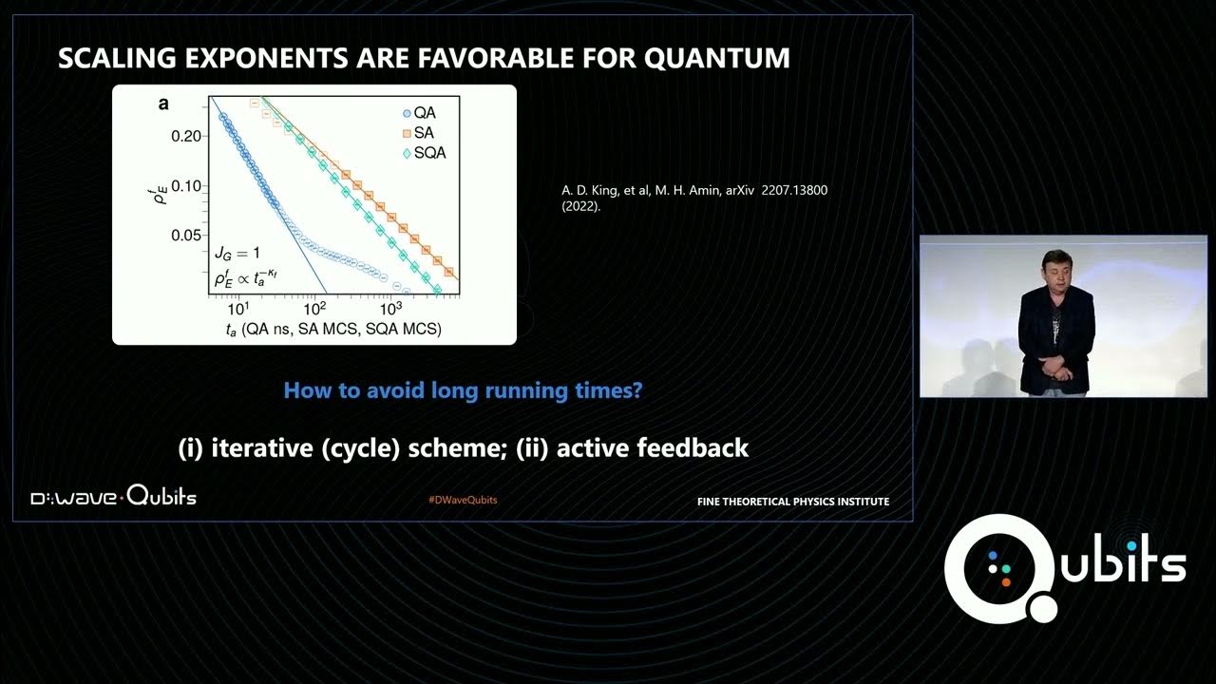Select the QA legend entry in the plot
point(418,113)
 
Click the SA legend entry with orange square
point(418,133)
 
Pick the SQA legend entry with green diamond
point(423,153)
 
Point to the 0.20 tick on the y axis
point(185,136)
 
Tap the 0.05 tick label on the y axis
point(185,236)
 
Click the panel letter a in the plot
point(163,104)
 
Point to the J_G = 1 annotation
point(237,254)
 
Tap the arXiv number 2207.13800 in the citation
point(794,190)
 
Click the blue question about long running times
point(463,389)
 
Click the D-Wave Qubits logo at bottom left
point(113,497)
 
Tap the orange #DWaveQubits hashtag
point(463,500)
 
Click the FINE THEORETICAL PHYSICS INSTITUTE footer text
point(792,502)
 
